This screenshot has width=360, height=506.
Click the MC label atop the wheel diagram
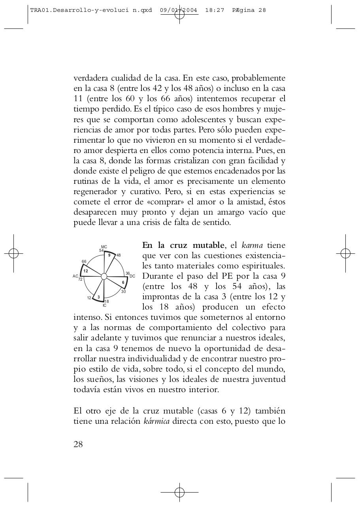(x=104, y=247)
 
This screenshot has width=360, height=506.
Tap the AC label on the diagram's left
(x=75, y=276)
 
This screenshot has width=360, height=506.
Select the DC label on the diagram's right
(x=132, y=276)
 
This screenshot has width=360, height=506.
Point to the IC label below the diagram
(x=104, y=306)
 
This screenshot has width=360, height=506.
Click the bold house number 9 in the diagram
(x=109, y=255)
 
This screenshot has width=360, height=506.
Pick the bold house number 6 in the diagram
(x=123, y=282)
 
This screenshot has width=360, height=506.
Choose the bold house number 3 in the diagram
(x=98, y=297)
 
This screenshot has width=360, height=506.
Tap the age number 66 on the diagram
(x=84, y=262)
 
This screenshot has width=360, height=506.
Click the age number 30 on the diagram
(x=123, y=292)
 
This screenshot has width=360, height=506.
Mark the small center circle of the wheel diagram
(x=104, y=276)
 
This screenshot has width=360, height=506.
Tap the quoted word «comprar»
(x=161, y=202)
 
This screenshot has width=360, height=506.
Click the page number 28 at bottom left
(x=78, y=444)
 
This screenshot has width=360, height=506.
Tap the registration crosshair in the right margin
(x=345, y=253)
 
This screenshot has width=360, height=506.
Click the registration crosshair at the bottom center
(x=179, y=492)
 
